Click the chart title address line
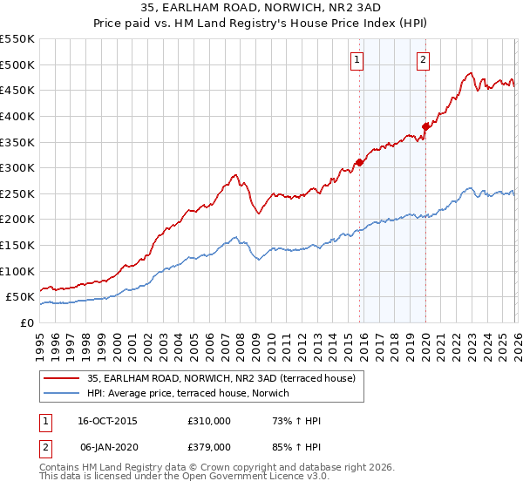261,9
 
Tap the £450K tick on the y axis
17,91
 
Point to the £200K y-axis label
17,220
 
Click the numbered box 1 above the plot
358,60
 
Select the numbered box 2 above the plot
423,60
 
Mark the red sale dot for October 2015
359,162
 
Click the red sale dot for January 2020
425,126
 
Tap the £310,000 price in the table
209,421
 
